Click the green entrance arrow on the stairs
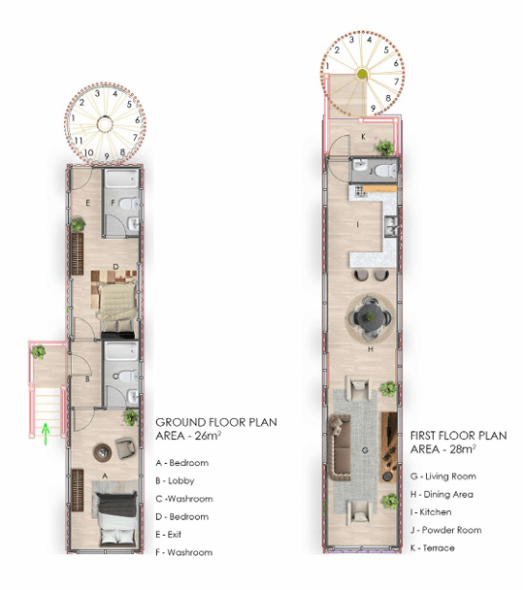click(x=46, y=432)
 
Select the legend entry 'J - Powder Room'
click(x=448, y=530)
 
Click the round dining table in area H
click(x=371, y=315)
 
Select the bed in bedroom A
click(x=114, y=515)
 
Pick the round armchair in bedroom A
click(x=126, y=446)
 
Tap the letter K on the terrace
click(x=363, y=138)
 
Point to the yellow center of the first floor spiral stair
click(x=361, y=74)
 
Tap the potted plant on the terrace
click(x=385, y=147)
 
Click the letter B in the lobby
click(x=87, y=379)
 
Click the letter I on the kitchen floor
click(x=360, y=224)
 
